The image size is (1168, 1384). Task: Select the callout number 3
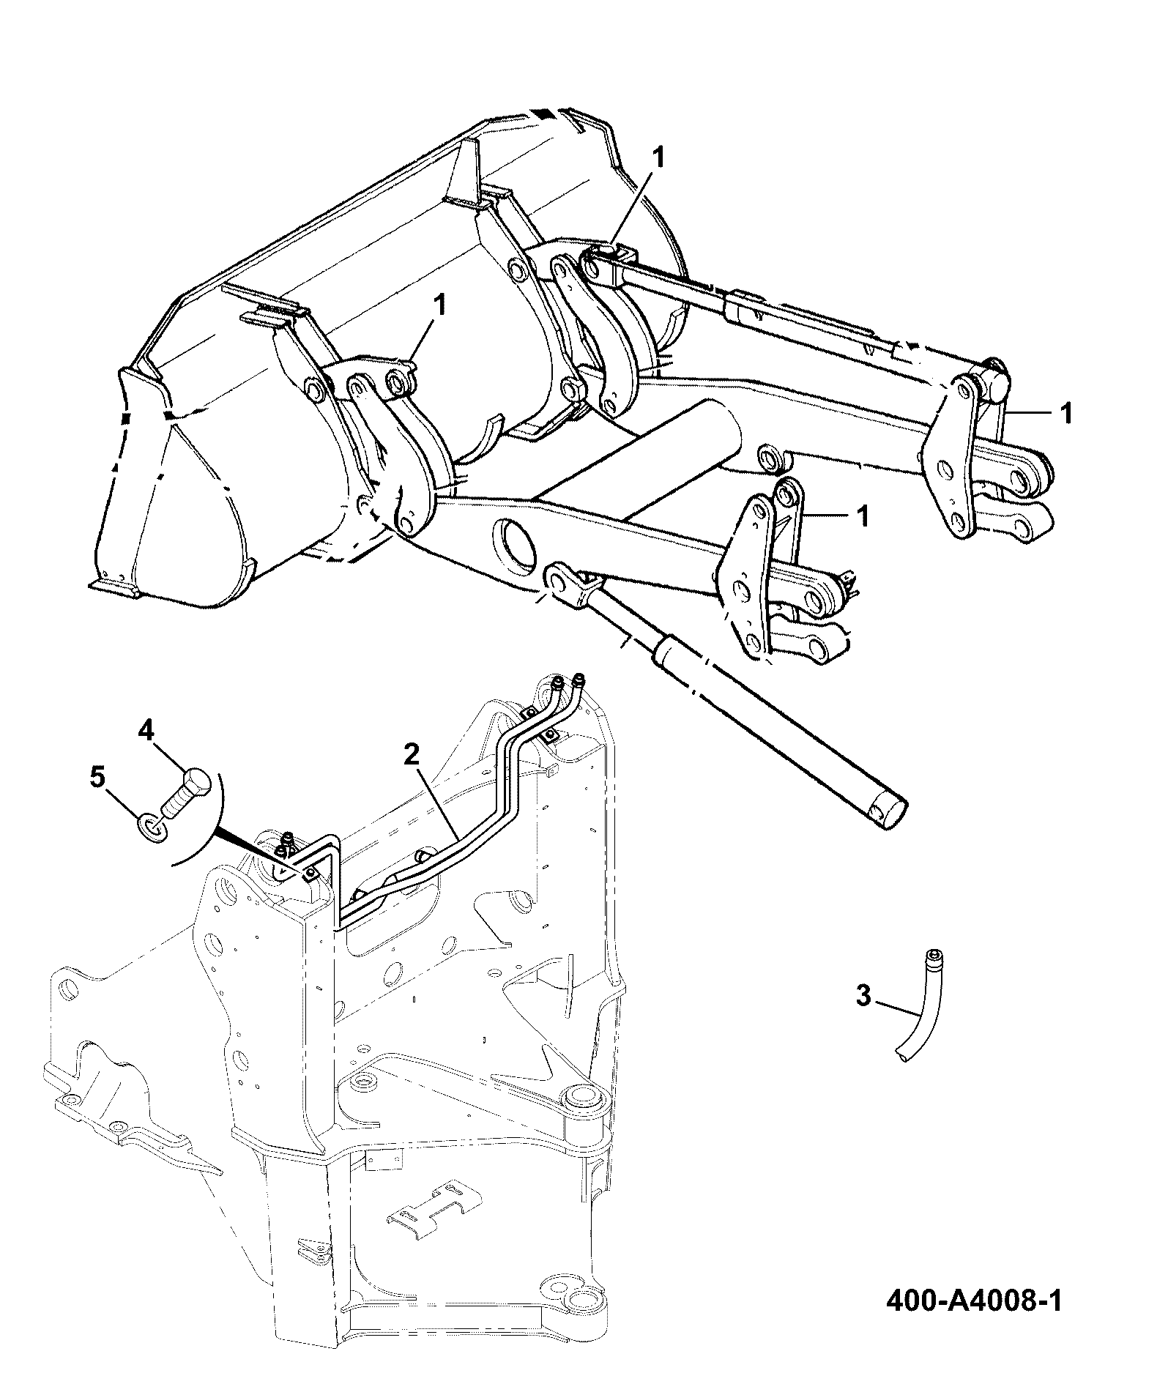pos(864,995)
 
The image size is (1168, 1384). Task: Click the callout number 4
pos(147,731)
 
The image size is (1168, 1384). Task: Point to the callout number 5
pos(97,777)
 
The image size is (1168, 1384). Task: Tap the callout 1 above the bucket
pos(659,157)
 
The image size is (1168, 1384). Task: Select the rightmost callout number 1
pos(1066,413)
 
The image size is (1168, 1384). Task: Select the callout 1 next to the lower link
pos(863,516)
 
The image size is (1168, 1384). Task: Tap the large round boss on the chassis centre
pos(584,1119)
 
